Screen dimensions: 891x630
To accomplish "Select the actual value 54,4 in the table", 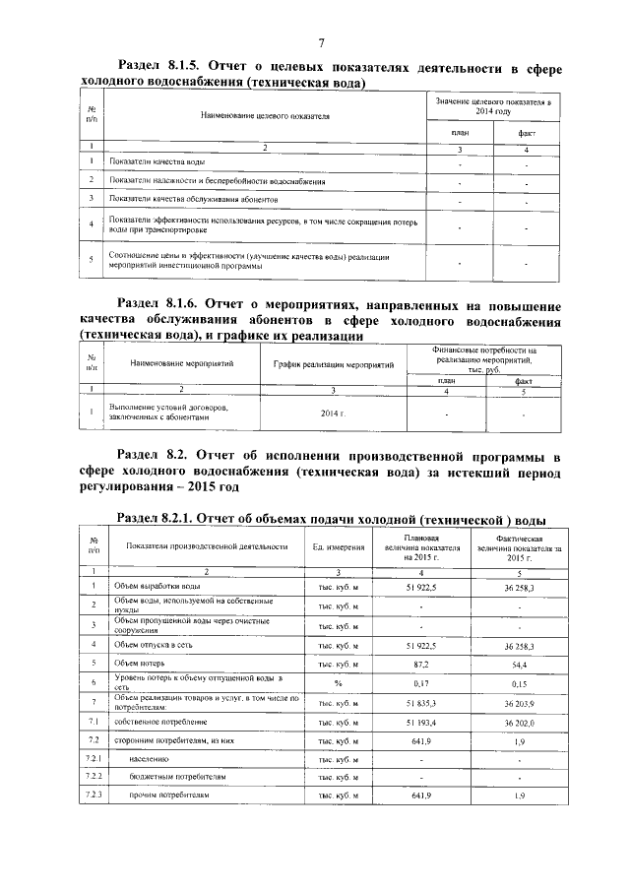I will point(516,664).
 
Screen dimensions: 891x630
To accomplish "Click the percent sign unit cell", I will point(338,682).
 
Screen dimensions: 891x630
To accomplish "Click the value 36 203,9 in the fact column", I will point(516,703).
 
